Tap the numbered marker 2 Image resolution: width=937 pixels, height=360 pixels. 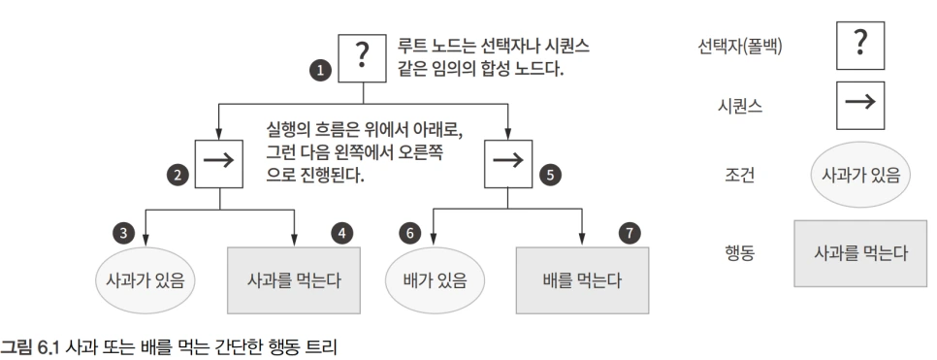coord(177,175)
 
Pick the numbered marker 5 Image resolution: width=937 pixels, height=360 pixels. coord(550,175)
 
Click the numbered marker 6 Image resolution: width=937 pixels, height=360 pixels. coord(409,233)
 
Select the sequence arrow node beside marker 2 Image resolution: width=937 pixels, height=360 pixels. coord(220,160)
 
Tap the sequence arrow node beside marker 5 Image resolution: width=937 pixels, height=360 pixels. coord(507,160)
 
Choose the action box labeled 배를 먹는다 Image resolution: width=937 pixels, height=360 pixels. coord(582,280)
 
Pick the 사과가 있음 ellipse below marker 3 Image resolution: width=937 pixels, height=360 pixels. coord(145,280)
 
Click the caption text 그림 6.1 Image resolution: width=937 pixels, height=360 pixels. coord(29,346)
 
